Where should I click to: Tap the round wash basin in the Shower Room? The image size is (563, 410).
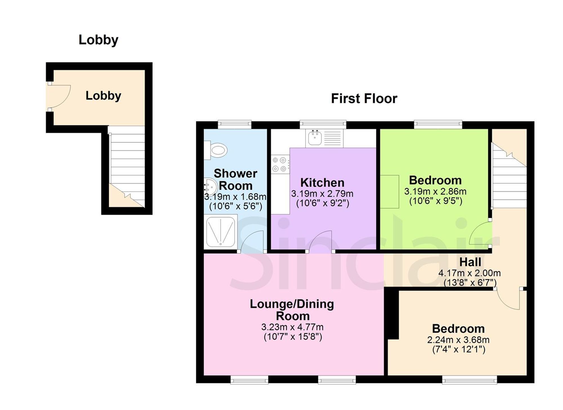point(211,187)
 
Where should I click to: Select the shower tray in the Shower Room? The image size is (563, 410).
point(221,232)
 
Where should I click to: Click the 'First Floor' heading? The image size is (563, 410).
point(364,99)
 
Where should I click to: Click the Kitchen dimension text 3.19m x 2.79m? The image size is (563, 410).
point(322,194)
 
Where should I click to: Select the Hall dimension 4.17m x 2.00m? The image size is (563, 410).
point(470,273)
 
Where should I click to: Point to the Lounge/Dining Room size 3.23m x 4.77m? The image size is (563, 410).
point(292,327)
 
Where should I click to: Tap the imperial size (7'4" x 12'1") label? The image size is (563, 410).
point(459,349)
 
